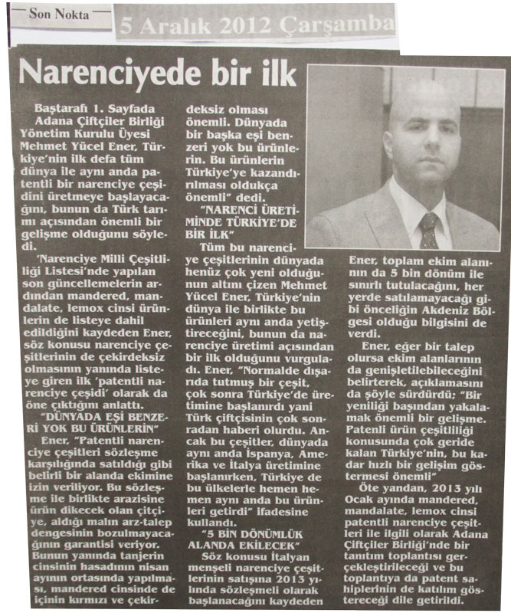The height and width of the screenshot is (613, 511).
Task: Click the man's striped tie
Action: pos(428,229)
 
